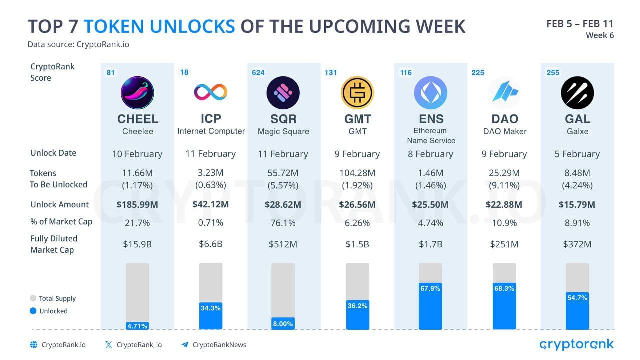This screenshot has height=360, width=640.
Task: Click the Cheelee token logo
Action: tap(137, 93)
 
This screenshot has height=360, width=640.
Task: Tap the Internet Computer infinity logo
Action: tap(210, 92)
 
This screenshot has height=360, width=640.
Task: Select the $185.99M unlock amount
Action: tap(137, 204)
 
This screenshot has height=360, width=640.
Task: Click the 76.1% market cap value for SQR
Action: tap(283, 223)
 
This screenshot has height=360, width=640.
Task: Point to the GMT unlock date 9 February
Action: tap(357, 154)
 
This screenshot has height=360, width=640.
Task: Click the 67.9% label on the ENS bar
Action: tap(430, 289)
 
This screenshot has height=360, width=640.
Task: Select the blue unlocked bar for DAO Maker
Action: tap(504, 310)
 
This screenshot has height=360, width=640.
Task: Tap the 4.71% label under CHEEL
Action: tap(137, 326)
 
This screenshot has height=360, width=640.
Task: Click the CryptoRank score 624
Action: tap(258, 73)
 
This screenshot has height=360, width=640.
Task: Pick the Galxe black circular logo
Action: tap(577, 93)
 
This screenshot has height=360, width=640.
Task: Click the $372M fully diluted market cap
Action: tap(577, 244)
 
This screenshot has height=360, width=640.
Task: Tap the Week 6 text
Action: tap(599, 35)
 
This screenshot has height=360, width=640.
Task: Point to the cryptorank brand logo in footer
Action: tap(576, 344)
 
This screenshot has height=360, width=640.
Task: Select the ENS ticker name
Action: tap(430, 119)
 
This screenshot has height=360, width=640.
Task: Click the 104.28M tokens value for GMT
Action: tap(357, 173)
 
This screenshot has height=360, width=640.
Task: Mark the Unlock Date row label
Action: tap(53, 153)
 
